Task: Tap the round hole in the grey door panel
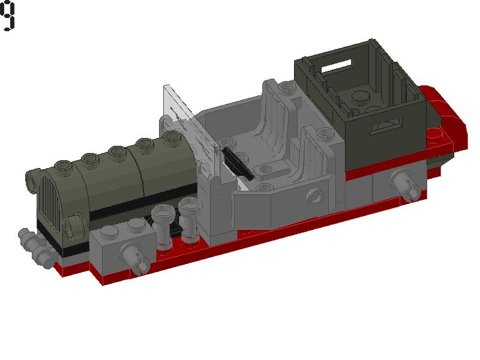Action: point(313,196)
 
